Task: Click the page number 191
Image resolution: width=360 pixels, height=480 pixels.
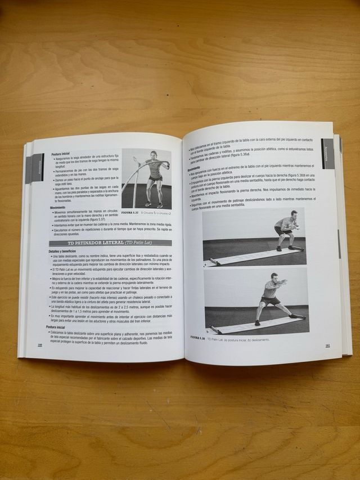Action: [327, 346]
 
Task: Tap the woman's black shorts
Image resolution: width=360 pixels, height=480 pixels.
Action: [155, 178]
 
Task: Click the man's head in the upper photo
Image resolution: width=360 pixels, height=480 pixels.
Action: [293, 214]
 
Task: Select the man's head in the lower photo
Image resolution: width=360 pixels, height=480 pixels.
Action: [274, 277]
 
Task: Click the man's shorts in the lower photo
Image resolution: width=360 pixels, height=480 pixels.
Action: [270, 300]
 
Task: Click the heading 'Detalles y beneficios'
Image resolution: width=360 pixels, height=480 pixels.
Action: [62, 250]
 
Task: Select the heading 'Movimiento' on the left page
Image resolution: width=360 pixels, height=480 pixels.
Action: [61, 208]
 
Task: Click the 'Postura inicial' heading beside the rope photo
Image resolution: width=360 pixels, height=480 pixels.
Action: [61, 154]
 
